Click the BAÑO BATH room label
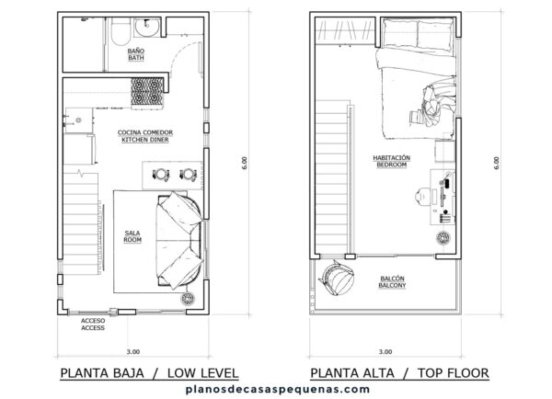click(x=136, y=54)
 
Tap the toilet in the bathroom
click(x=121, y=31)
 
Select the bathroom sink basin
click(x=147, y=27)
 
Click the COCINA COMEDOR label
click(x=145, y=132)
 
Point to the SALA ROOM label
click(x=132, y=236)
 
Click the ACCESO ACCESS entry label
click(x=93, y=324)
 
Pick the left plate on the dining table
click(x=161, y=175)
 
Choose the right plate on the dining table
click(x=188, y=175)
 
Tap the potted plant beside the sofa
click(x=188, y=299)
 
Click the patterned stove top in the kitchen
click(x=147, y=92)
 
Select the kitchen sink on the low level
click(x=78, y=120)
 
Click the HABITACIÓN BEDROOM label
click(x=392, y=161)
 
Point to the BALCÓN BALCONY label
click(x=392, y=282)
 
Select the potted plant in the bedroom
click(x=443, y=238)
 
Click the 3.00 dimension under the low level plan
click(x=133, y=351)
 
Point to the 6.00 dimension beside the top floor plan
click(x=497, y=163)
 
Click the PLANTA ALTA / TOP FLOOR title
click(x=399, y=373)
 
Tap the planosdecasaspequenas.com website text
click(x=278, y=389)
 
